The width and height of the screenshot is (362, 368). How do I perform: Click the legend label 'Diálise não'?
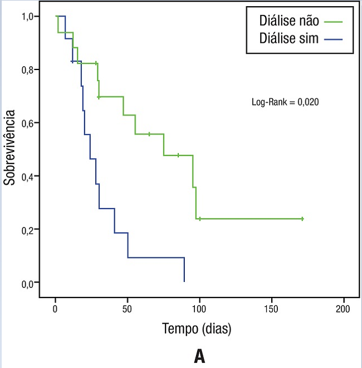click(288, 21)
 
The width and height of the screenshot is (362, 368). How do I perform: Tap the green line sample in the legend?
click(332, 22)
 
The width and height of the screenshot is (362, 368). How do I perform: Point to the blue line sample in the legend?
click(332, 39)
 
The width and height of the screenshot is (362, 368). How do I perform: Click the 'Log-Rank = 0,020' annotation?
click(285, 102)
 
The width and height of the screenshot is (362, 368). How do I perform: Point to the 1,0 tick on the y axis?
click(29, 16)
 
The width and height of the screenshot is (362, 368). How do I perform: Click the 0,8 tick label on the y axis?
click(29, 69)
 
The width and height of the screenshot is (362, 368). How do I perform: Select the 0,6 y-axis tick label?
click(29, 123)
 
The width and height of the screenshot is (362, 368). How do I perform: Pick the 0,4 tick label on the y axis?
click(29, 176)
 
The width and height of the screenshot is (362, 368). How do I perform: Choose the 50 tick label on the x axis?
click(128, 309)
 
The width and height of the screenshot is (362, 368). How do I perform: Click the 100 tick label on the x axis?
click(199, 309)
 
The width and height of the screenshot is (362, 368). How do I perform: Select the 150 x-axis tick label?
click(271, 309)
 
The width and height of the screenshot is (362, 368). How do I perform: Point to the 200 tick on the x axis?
click(343, 309)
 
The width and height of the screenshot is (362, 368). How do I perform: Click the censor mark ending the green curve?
click(302, 219)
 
